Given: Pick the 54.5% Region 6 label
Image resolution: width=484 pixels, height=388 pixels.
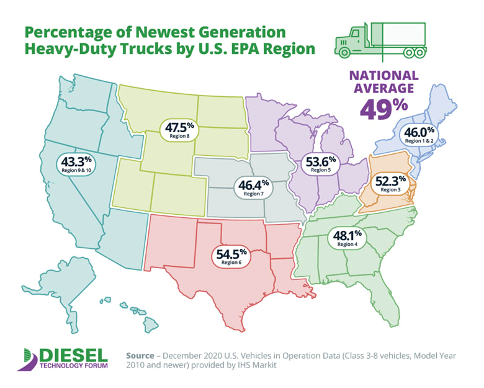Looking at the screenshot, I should point(232,256).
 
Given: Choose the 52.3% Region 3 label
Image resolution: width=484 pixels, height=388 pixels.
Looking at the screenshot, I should point(390,184).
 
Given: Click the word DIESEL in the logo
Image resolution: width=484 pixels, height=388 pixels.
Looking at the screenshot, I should point(73,354).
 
